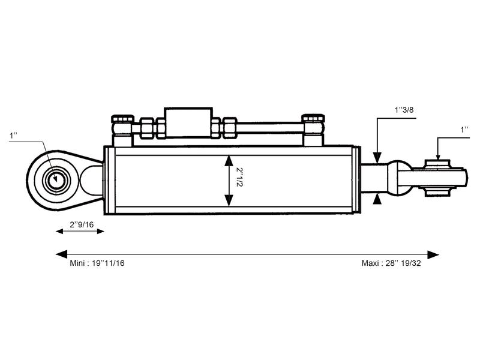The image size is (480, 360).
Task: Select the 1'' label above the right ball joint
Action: [464, 130]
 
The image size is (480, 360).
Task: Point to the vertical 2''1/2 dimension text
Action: [239, 178]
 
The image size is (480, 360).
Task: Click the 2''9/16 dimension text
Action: [82, 224]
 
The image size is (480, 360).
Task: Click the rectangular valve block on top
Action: [188, 122]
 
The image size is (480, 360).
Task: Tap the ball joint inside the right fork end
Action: [436, 178]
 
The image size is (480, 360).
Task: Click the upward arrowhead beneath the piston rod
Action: [377, 199]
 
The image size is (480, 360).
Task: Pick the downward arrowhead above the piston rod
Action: [377, 158]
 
